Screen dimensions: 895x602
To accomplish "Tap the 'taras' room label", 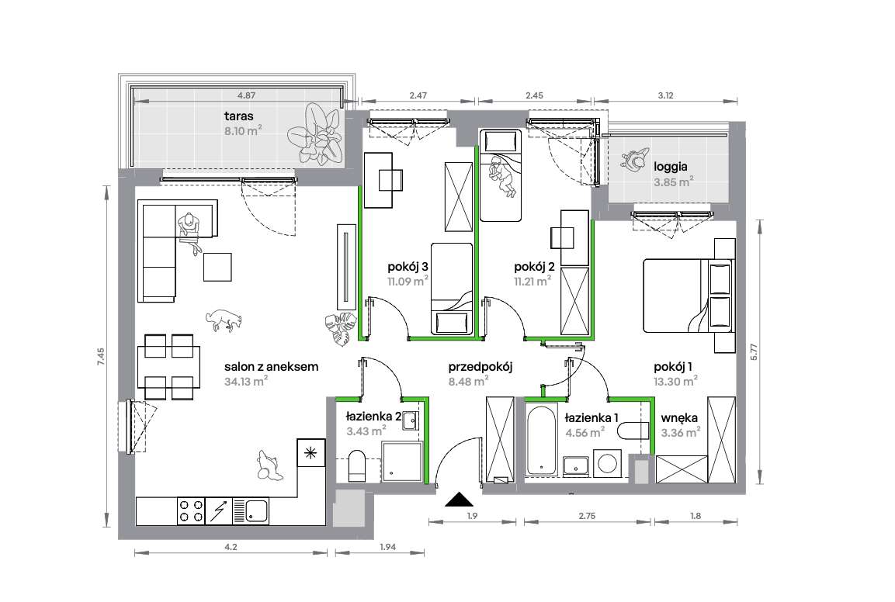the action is click(238, 116).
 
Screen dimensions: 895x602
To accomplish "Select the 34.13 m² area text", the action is click(247, 381).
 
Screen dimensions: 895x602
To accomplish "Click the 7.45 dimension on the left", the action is click(101, 357).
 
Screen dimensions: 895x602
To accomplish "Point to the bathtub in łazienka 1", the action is click(541, 439).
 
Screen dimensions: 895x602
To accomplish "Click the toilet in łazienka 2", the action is click(357, 465).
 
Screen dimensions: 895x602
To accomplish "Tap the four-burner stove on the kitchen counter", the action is click(191, 511).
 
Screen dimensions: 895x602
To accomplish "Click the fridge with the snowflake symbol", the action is click(311, 453).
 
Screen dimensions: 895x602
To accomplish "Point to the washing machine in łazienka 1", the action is click(607, 463).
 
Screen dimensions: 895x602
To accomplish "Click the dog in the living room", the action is click(224, 320).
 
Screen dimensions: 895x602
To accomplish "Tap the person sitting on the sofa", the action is click(189, 231).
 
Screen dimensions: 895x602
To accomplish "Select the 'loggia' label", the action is click(670, 168).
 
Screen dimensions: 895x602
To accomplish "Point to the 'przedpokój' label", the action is click(480, 367).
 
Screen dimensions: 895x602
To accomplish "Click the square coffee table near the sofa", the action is click(217, 267).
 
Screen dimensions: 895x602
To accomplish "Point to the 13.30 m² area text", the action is click(675, 382).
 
